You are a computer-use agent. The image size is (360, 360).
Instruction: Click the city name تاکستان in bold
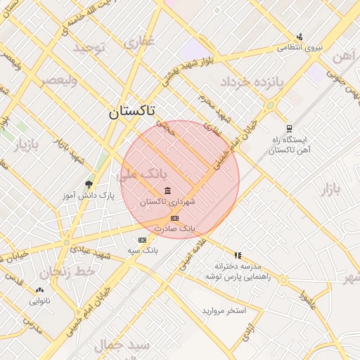coord(133,111)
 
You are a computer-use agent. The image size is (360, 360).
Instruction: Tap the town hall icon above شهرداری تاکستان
coord(168,191)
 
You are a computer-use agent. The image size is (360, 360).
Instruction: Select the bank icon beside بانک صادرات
coord(174,219)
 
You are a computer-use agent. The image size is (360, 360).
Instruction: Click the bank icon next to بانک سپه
coord(142,240)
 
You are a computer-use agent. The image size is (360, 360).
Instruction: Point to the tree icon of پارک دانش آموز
coord(88,184)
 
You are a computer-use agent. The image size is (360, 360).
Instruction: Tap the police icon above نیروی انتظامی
coord(300,37)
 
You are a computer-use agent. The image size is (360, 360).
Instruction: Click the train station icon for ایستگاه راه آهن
coord(289,129)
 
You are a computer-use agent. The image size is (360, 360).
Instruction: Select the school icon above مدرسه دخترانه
coord(238,255)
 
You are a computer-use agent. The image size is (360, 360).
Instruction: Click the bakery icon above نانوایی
coord(39,290)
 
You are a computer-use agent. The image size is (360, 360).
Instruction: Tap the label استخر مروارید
coord(224,310)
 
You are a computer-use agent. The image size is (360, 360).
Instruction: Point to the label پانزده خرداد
coord(251,82)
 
